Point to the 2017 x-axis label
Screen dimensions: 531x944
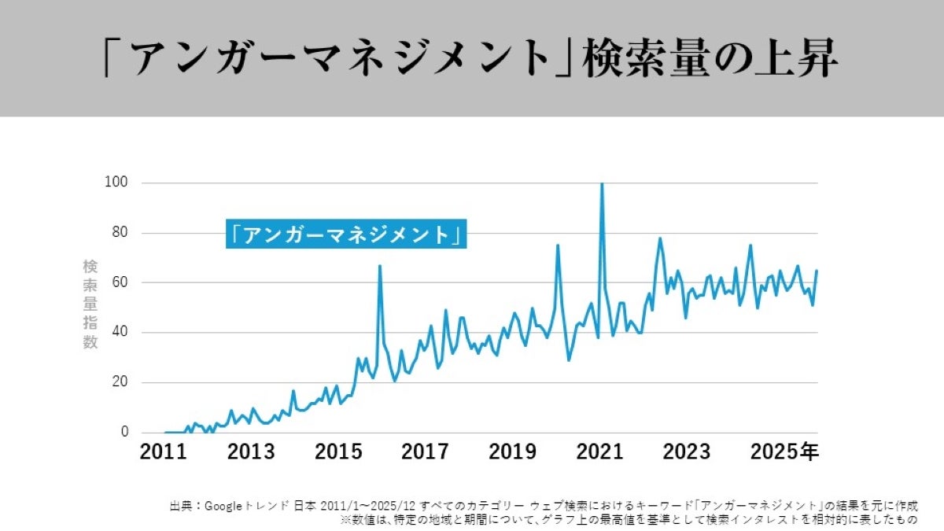point(426,452)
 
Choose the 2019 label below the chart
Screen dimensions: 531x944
point(513,452)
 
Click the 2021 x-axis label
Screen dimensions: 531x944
point(599,452)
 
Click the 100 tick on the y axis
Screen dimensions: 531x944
point(116,183)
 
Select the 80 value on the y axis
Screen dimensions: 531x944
point(119,233)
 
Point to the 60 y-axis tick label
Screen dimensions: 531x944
point(119,282)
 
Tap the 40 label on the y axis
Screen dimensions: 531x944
point(119,333)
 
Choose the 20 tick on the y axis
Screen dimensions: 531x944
point(119,382)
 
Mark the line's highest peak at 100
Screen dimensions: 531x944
point(602,184)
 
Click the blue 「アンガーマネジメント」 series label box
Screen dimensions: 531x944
point(346,234)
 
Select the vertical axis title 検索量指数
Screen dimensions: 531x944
point(90,304)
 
